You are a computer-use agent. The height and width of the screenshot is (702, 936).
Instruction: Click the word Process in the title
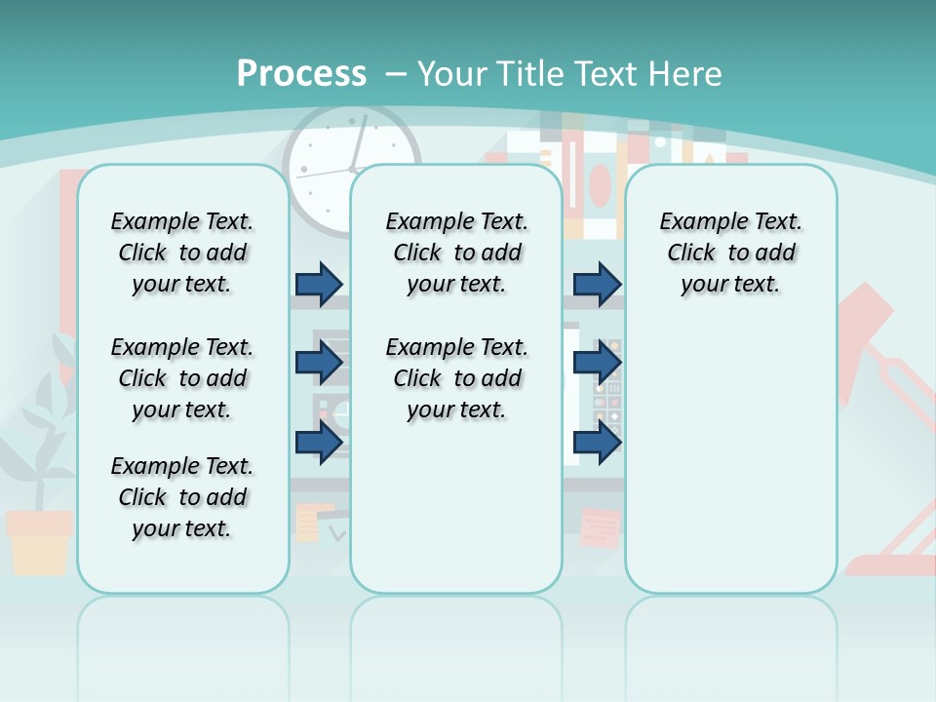point(301,73)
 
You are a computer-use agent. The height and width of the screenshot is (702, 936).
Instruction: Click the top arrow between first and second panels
point(319,284)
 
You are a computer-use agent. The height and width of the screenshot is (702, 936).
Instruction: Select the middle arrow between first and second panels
point(319,363)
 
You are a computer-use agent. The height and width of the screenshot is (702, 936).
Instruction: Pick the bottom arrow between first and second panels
point(319,442)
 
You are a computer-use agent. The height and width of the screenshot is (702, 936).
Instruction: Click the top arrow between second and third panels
point(597,284)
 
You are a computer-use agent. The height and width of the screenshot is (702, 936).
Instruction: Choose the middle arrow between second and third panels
point(597,363)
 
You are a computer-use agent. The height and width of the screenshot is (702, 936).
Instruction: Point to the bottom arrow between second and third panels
point(597,442)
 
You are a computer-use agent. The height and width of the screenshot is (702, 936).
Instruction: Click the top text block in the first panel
point(182,253)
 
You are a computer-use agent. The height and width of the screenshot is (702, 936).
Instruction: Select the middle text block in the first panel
point(182,378)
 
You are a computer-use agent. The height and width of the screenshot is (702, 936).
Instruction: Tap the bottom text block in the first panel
point(182,497)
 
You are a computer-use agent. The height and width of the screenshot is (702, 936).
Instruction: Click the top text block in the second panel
point(457,253)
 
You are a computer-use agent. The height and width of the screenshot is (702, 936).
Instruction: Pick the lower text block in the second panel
point(457,378)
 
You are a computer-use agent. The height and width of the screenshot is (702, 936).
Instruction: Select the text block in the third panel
point(731,253)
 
